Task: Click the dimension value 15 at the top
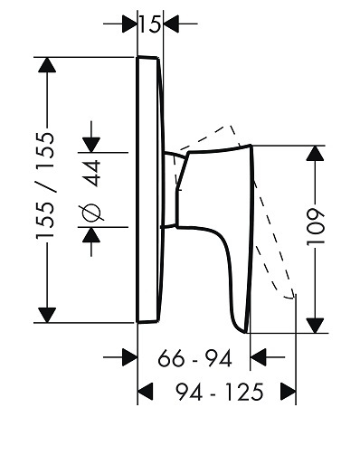point(149,24)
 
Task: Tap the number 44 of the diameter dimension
point(92,173)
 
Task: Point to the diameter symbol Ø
point(92,213)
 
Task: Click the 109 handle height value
point(316,226)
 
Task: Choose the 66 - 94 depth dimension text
point(194,358)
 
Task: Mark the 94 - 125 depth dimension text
point(220,392)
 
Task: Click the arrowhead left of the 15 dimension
point(130,24)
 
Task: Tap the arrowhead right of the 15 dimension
point(171,24)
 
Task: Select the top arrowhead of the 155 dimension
point(47,64)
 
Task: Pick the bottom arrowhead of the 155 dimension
point(47,315)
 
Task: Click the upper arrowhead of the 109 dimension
point(315,153)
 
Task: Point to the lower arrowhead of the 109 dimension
point(315,326)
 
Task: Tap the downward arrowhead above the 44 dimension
point(91,145)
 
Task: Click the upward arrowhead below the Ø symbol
point(91,234)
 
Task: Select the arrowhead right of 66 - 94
point(258,357)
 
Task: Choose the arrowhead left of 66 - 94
point(130,357)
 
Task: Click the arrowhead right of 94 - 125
point(289,392)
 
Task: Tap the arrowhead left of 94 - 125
point(146,392)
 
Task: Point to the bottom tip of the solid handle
point(247,333)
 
